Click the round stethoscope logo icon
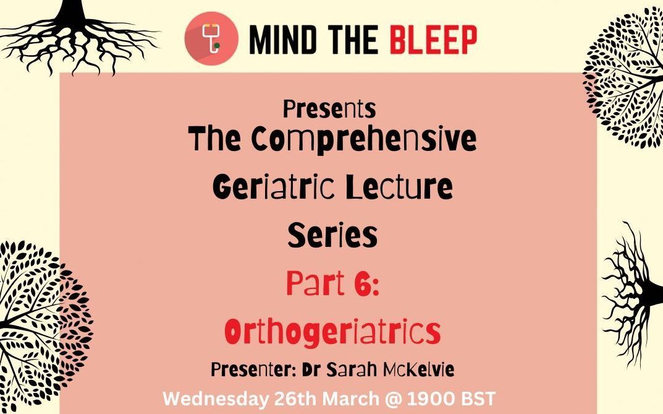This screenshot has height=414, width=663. pyautogui.click(x=211, y=38)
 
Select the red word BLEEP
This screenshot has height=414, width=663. pyautogui.click(x=433, y=40)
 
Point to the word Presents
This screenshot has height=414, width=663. pyautogui.click(x=329, y=109)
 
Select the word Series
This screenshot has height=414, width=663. pyautogui.click(x=332, y=235)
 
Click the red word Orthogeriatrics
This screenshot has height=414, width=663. pyautogui.click(x=333, y=332)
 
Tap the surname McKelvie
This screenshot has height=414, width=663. pyautogui.click(x=418, y=369)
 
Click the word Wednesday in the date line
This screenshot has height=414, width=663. pyautogui.click(x=216, y=399)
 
